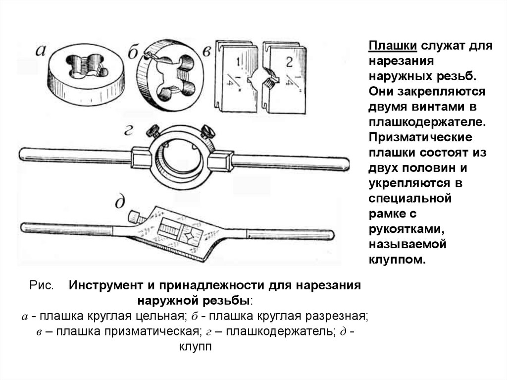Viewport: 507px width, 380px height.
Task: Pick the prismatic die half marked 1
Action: click(238, 77)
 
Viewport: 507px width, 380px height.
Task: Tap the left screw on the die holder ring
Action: click(151, 131)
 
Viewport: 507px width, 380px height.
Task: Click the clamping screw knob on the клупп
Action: click(134, 217)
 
